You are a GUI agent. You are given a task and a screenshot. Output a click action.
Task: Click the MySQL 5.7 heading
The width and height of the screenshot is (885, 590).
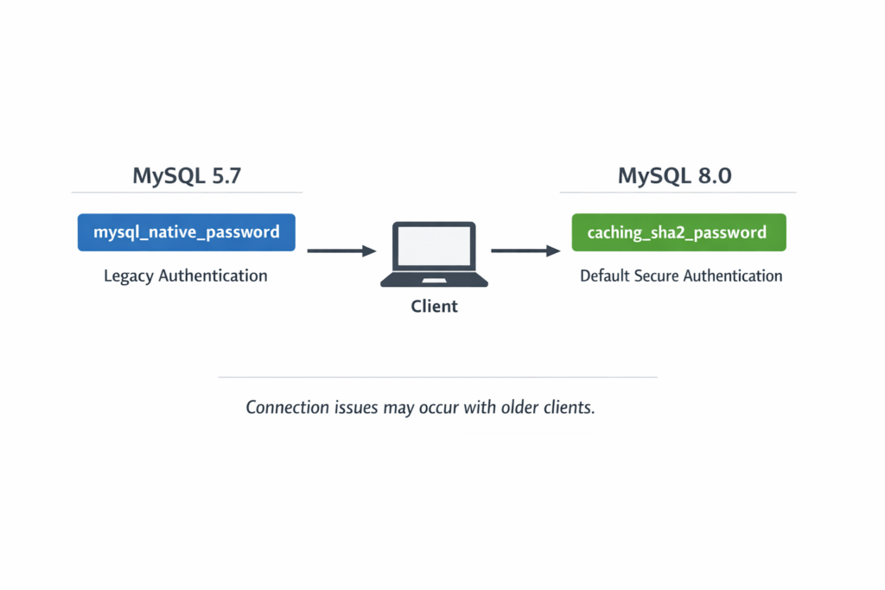tap(187, 176)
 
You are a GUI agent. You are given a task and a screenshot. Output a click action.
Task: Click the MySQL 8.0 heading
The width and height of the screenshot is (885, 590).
tap(674, 176)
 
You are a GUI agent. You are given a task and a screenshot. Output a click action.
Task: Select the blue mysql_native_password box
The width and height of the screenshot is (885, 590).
tap(187, 232)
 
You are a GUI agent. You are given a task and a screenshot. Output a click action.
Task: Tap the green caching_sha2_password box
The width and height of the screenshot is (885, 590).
tap(678, 232)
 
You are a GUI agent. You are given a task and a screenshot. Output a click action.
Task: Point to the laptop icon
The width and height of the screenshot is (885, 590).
tap(434, 256)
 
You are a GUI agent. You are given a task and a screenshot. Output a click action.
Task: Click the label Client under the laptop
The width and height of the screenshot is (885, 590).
tap(434, 307)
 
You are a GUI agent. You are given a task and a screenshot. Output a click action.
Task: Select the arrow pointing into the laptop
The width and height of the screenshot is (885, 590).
tap(342, 251)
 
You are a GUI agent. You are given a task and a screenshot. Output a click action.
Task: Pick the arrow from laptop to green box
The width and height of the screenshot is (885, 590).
tap(525, 251)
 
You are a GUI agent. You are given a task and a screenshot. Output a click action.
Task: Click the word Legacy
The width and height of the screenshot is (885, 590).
tap(128, 276)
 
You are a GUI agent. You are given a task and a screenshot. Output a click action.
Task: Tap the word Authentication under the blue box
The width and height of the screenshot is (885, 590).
tap(213, 276)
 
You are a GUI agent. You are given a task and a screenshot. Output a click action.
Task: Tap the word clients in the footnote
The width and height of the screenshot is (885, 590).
tap(571, 408)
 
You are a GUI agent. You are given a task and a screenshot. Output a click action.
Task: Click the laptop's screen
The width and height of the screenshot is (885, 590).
tap(434, 247)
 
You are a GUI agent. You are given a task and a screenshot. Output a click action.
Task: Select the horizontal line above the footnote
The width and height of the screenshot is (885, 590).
tap(437, 377)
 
